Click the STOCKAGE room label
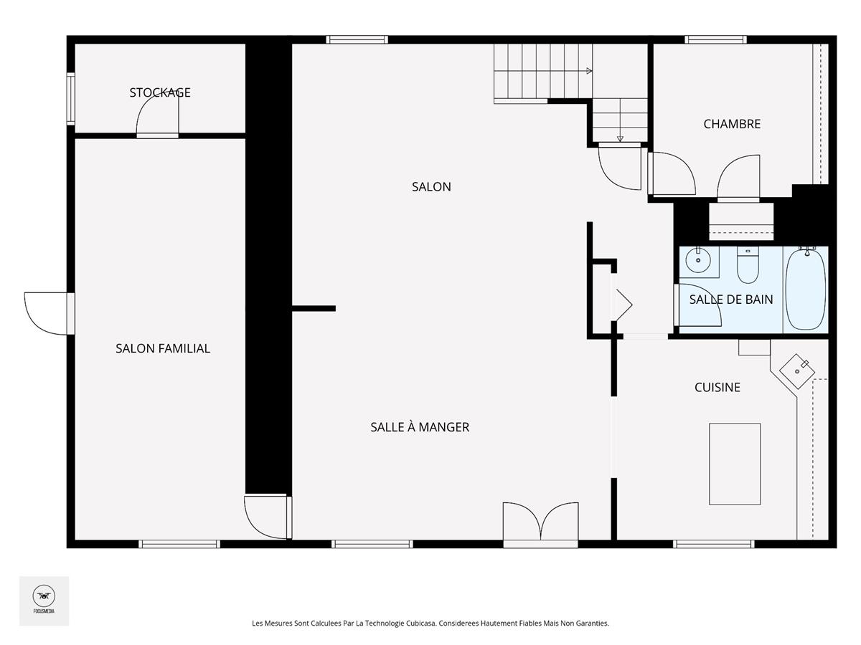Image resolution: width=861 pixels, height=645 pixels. [160, 92]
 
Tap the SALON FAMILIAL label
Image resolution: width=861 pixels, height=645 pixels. [163, 348]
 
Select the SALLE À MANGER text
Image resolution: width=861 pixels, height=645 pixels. [420, 427]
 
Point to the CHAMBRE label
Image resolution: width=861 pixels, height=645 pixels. [732, 124]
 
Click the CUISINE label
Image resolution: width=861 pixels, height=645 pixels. [717, 387]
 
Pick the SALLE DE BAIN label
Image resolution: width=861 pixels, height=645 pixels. [731, 299]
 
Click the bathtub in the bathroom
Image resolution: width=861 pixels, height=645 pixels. [805, 289]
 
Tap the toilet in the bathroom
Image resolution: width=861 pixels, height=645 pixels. [748, 264]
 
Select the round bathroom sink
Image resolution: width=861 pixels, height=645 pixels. [698, 260]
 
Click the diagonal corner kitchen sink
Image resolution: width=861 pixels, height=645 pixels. [797, 371]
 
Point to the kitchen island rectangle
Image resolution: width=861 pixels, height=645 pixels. [735, 464]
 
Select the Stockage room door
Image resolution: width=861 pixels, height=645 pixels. [158, 116]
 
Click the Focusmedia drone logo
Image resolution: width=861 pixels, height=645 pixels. [44, 596]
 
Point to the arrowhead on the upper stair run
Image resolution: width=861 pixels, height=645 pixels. [589, 71]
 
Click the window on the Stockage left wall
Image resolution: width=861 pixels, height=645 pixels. [70, 99]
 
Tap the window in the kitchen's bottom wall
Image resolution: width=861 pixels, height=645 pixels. [713, 544]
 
